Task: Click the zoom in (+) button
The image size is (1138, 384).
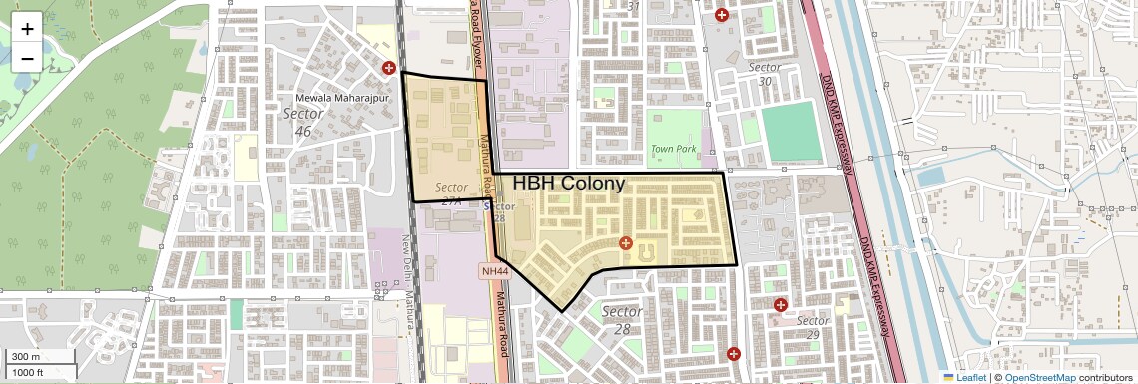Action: (27, 29)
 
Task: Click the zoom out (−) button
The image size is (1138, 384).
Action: (27, 58)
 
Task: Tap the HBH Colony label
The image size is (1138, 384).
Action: (569, 184)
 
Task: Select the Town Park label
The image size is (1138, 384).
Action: (673, 149)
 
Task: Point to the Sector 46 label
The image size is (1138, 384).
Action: (303, 122)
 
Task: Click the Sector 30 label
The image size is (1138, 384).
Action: (765, 74)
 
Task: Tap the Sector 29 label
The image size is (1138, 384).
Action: (813, 327)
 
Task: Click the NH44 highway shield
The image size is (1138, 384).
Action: (494, 270)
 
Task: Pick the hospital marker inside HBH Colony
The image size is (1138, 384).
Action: (626, 243)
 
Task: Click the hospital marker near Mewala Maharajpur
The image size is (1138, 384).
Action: (389, 67)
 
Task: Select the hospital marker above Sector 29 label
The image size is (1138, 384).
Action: (781, 304)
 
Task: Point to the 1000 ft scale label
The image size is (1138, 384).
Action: (27, 371)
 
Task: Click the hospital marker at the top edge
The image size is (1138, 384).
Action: (721, 14)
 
